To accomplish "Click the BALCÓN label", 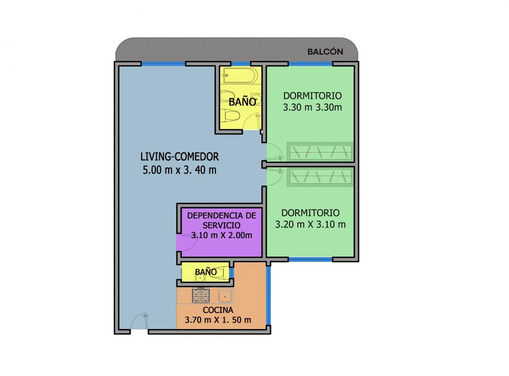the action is [x=325, y=52].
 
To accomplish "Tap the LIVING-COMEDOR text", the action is [x=179, y=157].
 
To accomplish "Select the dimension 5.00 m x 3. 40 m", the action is [x=179, y=170].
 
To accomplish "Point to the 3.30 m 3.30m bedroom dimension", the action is [x=312, y=107].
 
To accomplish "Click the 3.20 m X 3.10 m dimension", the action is [x=310, y=224].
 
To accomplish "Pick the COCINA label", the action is [x=218, y=310].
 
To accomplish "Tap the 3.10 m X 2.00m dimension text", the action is [x=222, y=235].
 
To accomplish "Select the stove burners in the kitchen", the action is [x=201, y=295].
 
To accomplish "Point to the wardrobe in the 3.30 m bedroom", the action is [x=320, y=152].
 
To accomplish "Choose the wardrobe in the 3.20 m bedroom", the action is [x=320, y=177].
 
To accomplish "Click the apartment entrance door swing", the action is [x=139, y=321].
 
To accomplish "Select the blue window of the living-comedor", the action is [x=163, y=64].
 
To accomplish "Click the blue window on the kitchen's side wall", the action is [x=269, y=296].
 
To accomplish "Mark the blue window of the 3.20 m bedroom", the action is [x=310, y=259].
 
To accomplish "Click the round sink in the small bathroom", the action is [x=200, y=278].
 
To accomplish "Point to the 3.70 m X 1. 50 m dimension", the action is [x=218, y=320].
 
